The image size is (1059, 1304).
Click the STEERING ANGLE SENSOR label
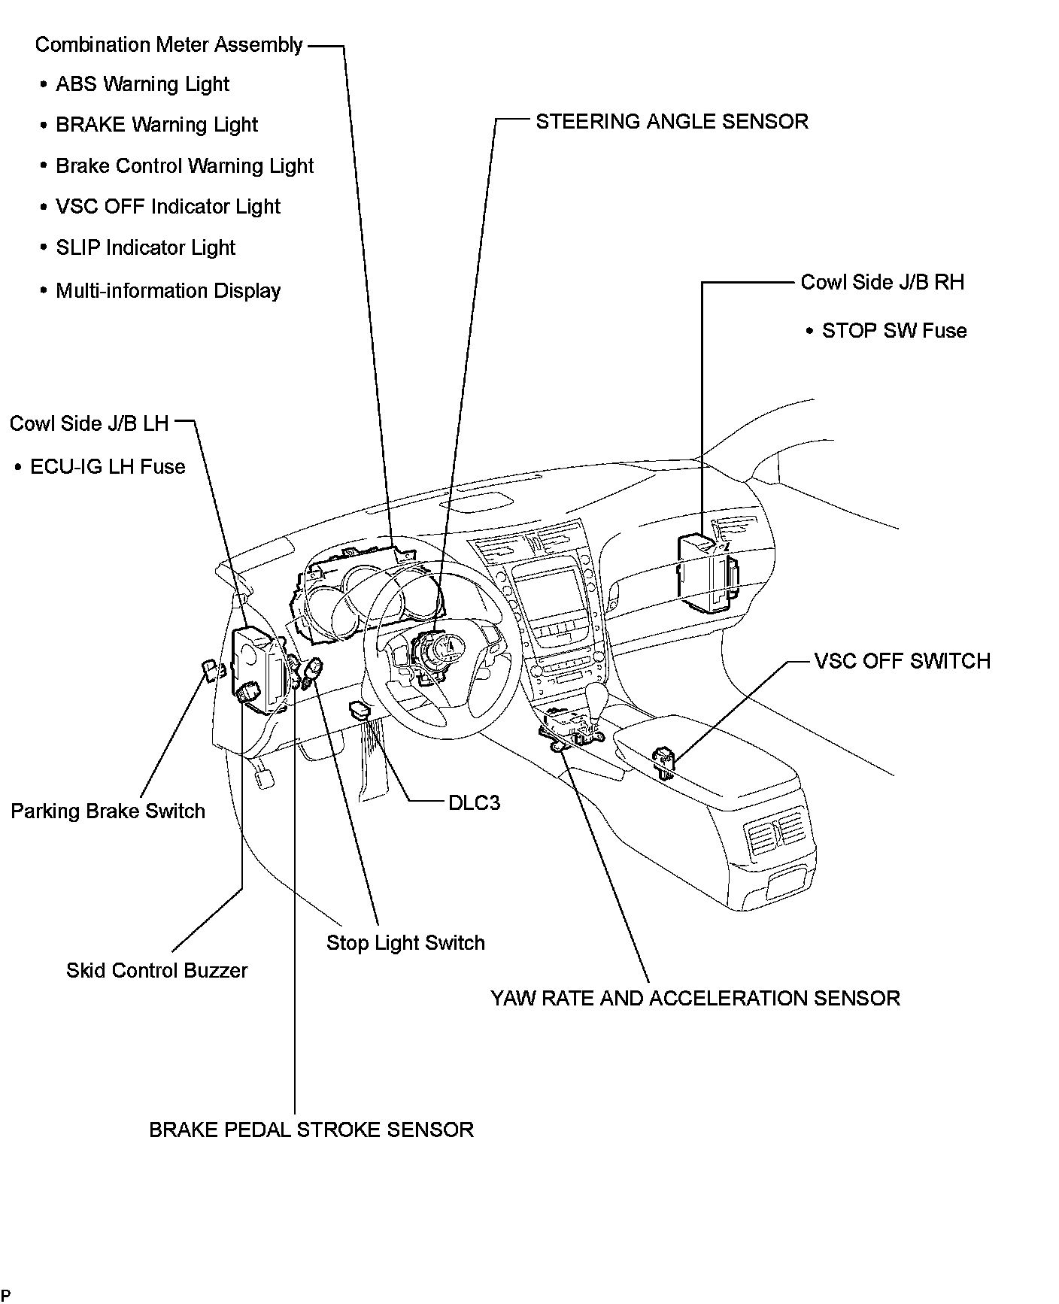pyautogui.click(x=672, y=122)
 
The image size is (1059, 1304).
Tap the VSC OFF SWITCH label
pyautogui.click(x=902, y=661)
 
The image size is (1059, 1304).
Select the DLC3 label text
pyautogui.click(x=474, y=803)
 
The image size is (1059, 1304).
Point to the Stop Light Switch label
pyautogui.click(x=405, y=943)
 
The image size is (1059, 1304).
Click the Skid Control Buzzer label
pyautogui.click(x=156, y=971)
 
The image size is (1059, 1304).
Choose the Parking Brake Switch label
pyautogui.click(x=108, y=811)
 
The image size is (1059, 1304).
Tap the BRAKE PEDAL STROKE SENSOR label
pyautogui.click(x=311, y=1130)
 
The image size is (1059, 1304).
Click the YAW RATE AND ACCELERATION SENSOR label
pyautogui.click(x=695, y=999)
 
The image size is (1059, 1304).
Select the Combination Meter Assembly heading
pyautogui.click(x=168, y=45)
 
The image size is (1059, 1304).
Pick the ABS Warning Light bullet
pyautogui.click(x=142, y=84)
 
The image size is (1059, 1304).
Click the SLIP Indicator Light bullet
pyautogui.click(x=145, y=248)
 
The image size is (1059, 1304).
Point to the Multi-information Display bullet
pyautogui.click(x=168, y=291)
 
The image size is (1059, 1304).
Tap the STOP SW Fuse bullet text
pyautogui.click(x=894, y=331)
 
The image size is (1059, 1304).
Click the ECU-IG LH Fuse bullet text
pyautogui.click(x=108, y=467)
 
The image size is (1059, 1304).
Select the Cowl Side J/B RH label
pyautogui.click(x=881, y=283)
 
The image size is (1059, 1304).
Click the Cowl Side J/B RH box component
pyautogui.click(x=705, y=569)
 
